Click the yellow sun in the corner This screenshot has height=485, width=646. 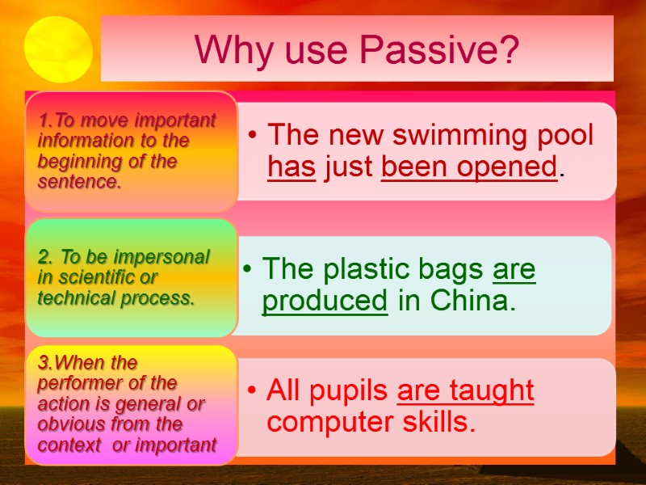pos(57,49)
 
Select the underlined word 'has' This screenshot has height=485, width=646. pos(291,167)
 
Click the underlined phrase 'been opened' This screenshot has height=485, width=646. pos(469,167)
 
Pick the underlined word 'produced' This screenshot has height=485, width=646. pos(325,301)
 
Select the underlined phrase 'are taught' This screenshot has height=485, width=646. pos(466,390)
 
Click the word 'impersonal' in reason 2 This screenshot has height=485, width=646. pos(167,257)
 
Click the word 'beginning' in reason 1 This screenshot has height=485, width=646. pos(77,161)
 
